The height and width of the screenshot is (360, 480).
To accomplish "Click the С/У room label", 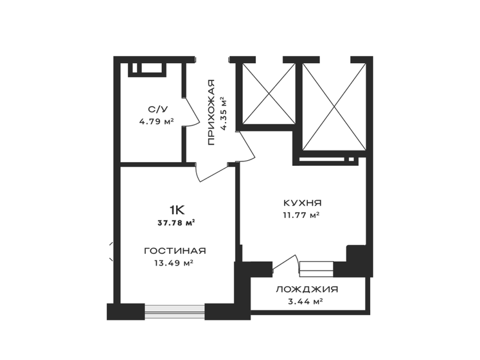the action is (x=158, y=109).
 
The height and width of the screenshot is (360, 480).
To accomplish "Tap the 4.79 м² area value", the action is (x=156, y=122).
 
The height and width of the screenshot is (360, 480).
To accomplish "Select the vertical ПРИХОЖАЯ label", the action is (x=211, y=112).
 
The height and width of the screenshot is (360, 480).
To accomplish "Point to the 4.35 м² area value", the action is (x=224, y=114).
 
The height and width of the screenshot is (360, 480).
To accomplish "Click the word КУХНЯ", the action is (x=303, y=203).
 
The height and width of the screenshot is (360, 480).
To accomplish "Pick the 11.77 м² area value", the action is (x=301, y=215).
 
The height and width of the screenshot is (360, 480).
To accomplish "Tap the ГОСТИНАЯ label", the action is (x=175, y=251).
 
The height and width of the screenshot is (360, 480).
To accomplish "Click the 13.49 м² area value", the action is (x=174, y=263).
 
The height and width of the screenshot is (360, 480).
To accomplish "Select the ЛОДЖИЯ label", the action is (x=307, y=289).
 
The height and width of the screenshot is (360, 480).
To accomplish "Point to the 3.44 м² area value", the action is (x=305, y=301).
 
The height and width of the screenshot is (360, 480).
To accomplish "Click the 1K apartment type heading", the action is (x=177, y=210).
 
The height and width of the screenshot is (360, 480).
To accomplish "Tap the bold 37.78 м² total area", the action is (x=176, y=223).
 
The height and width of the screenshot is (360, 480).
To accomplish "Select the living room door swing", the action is (x=211, y=174).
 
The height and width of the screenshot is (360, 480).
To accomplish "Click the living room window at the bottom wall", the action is (x=175, y=312).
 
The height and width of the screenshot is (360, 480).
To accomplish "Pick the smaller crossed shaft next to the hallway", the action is (x=269, y=93).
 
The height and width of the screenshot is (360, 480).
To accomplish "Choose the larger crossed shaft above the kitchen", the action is (x=334, y=107).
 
